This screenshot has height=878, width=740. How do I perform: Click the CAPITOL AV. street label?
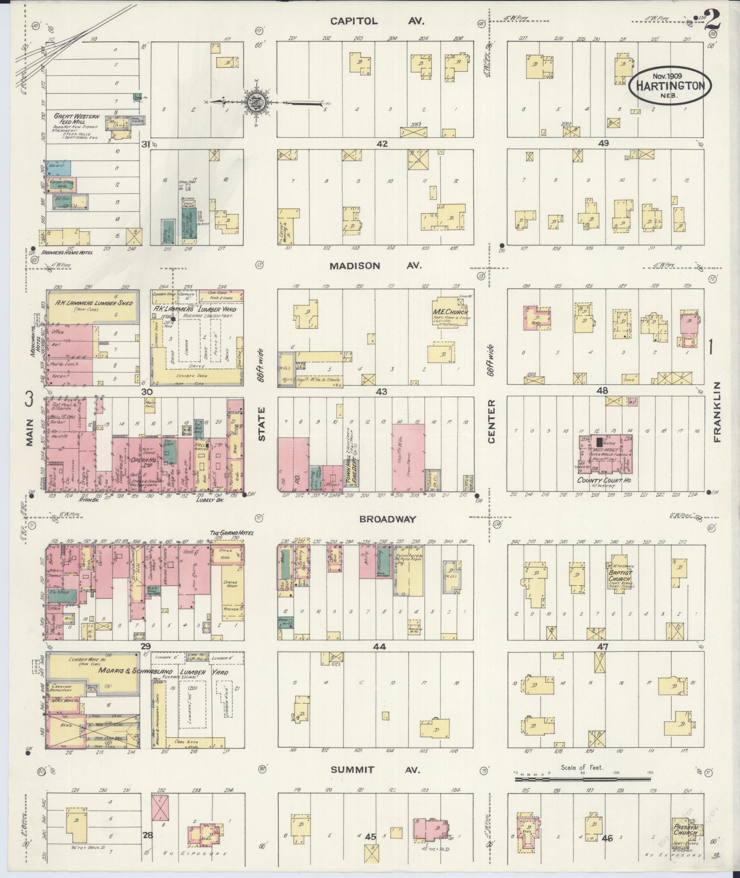coord(377,21)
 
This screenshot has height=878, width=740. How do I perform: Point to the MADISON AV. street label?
coord(374,266)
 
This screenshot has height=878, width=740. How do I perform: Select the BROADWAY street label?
coord(388,519)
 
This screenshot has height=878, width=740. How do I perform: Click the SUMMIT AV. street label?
coord(375,770)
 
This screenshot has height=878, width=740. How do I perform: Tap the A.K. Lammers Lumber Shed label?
coord(94,303)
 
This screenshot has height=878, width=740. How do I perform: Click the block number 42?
coord(381,144)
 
